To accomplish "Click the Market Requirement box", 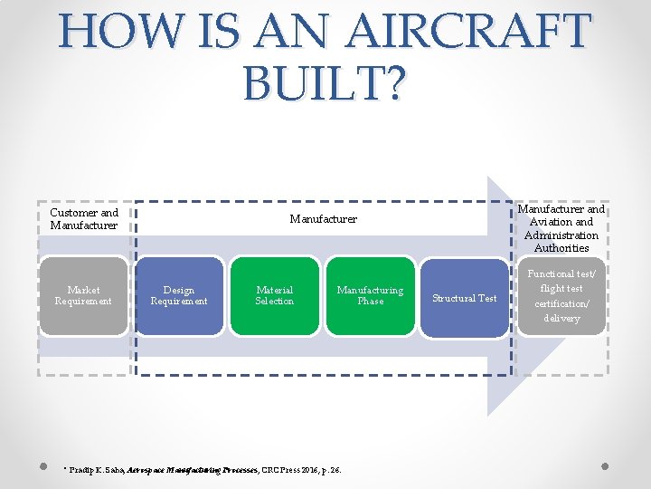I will (83, 296).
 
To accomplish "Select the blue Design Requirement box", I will (179, 296).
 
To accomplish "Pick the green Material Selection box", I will (275, 296).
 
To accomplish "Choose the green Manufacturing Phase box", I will (370, 296).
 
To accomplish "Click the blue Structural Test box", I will (465, 298).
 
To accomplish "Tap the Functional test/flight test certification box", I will (561, 296).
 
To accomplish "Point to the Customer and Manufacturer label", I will (84, 219).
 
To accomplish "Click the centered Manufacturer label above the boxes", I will (323, 219).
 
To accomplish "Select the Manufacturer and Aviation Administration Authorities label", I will (561, 228).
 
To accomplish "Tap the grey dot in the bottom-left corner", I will (43, 467).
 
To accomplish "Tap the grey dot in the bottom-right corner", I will (605, 467).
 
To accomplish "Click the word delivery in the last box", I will (561, 319).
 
